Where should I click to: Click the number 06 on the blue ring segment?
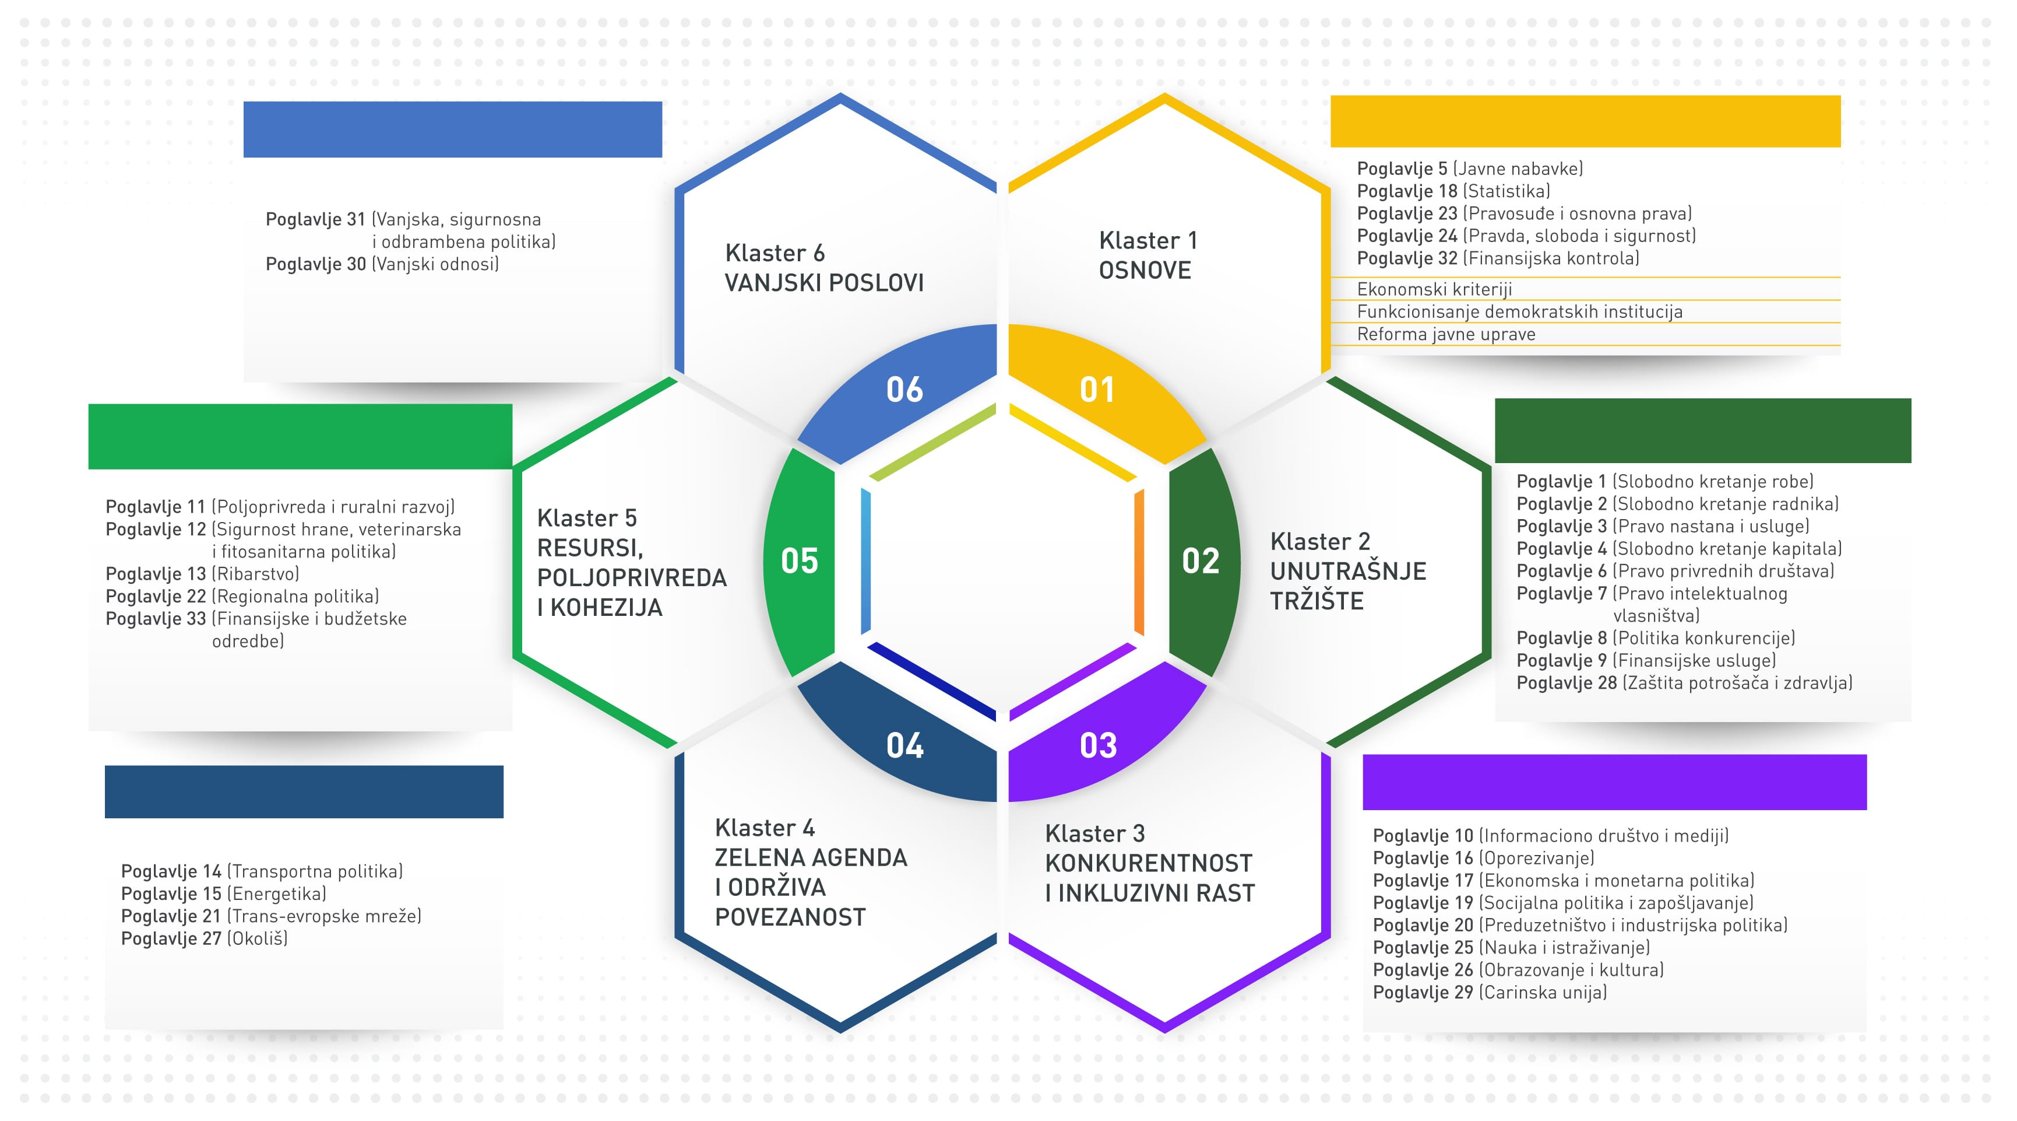pyautogui.click(x=904, y=390)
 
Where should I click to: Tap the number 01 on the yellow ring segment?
pyautogui.click(x=1096, y=390)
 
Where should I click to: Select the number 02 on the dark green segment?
pyautogui.click(x=1201, y=561)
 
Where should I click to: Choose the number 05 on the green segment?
pyautogui.click(x=800, y=561)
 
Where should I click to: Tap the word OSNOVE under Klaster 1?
pyautogui.click(x=1145, y=270)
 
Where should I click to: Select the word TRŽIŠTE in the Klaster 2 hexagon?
pyautogui.click(x=1317, y=601)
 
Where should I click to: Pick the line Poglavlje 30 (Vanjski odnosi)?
pyautogui.click(x=382, y=264)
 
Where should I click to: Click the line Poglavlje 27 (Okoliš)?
pyautogui.click(x=205, y=938)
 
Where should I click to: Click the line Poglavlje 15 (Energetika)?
pyautogui.click(x=224, y=894)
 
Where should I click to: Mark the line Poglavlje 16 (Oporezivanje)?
pyautogui.click(x=1484, y=859)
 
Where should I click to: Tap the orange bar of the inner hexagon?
pyautogui.click(x=1139, y=562)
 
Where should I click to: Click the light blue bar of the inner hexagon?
pyautogui.click(x=866, y=562)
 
